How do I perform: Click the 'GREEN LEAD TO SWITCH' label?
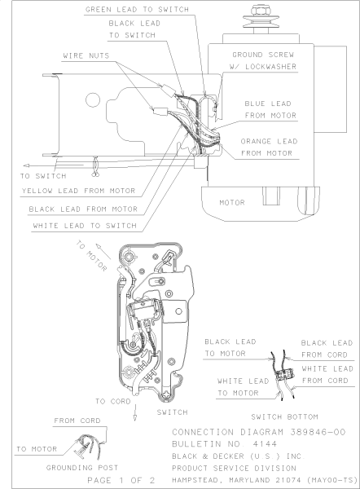[137, 9]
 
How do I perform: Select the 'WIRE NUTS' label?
[86, 55]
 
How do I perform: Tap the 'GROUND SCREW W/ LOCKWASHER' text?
[263, 60]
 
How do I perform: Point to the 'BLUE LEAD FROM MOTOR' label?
[270, 109]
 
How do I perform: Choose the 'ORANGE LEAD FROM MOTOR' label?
[269, 148]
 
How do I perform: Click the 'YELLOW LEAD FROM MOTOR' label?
[78, 191]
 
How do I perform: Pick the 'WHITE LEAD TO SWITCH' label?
[85, 226]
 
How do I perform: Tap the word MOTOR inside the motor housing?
[232, 203]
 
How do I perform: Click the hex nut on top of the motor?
[261, 10]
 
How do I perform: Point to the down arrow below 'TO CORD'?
[135, 412]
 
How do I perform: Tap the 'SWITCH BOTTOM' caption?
[284, 417]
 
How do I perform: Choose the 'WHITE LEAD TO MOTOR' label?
[243, 387]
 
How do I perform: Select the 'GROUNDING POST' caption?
[82, 468]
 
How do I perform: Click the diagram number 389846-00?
[318, 432]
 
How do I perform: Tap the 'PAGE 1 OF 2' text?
[121, 480]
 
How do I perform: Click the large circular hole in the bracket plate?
[93, 100]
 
